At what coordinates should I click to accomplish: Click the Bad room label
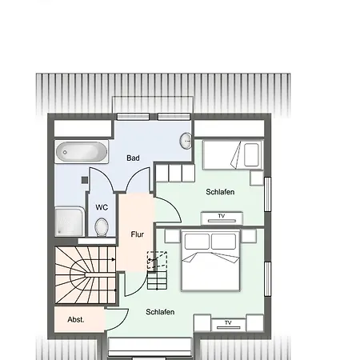coord(133,158)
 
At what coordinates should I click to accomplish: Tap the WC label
coord(102,207)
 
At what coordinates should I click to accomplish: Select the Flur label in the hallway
coord(138,234)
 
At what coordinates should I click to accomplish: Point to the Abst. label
coord(76,319)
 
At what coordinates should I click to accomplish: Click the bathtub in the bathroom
coord(82,152)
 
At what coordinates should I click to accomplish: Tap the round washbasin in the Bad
coord(186,141)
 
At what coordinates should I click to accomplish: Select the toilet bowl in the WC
coord(102,227)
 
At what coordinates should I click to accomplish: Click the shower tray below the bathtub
coord(70,222)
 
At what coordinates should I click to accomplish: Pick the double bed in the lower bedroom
coord(210,261)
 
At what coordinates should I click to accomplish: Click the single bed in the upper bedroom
coord(233,155)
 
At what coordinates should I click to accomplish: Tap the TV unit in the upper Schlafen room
coord(222,218)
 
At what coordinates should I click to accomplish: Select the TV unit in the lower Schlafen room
coord(228,325)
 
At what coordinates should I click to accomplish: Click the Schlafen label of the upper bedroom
coord(220,192)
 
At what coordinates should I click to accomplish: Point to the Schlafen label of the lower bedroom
coord(160,312)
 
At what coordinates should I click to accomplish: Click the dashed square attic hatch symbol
coord(157,260)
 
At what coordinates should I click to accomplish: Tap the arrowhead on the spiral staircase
coord(114,259)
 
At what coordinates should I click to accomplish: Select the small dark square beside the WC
coord(85,180)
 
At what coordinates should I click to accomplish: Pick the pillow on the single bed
coord(251,155)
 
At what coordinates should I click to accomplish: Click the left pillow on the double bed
coord(197,242)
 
